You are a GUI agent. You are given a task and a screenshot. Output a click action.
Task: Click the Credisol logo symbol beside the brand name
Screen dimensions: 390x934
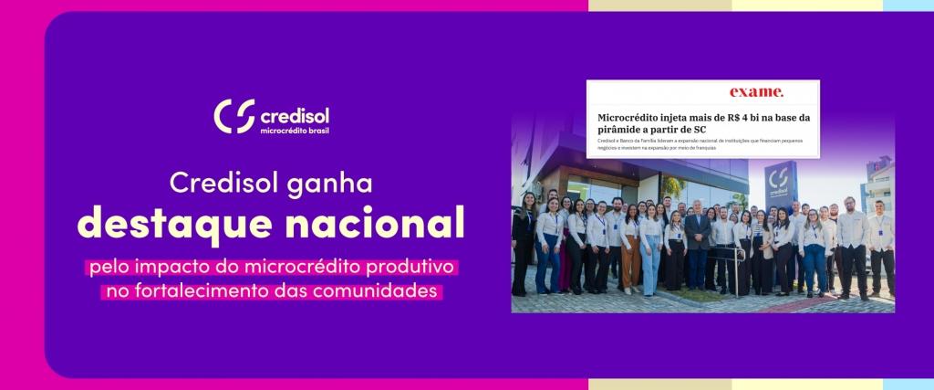pos(233,117)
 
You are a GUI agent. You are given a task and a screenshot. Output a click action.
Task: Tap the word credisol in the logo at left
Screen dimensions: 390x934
pos(295,116)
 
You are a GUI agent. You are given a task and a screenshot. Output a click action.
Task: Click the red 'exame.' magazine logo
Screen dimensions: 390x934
pos(756,92)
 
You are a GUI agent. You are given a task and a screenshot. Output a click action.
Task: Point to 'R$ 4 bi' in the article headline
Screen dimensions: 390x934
pos(756,118)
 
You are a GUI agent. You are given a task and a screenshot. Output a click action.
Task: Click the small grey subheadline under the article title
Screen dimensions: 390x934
pos(693,144)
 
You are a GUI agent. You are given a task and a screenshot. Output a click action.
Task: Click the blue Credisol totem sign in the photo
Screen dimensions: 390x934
pos(780,184)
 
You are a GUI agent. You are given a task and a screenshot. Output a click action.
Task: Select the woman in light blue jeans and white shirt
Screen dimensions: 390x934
pos(650,247)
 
